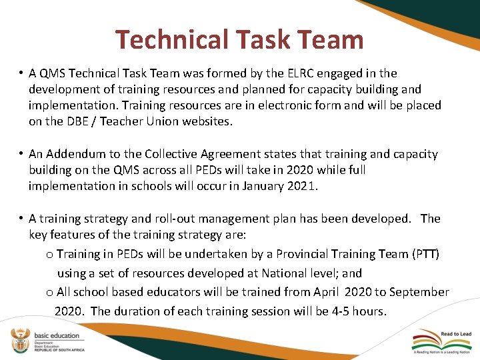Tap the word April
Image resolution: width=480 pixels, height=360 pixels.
tap(321, 292)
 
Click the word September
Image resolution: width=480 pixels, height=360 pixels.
tap(419, 292)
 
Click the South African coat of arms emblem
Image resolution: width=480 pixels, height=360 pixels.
tap(19, 340)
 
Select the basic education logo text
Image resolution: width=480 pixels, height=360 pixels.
tap(57, 336)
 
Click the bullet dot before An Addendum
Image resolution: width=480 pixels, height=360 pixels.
tap(22, 154)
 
